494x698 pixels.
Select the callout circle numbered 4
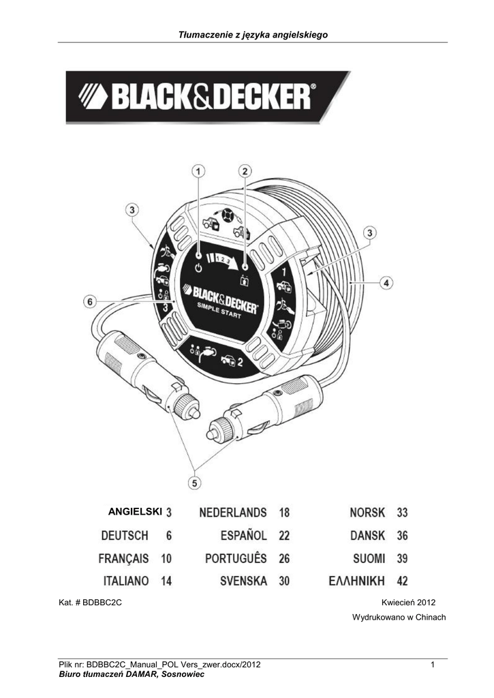[386, 281]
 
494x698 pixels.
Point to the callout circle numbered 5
[196, 483]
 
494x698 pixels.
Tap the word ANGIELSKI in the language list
[135, 511]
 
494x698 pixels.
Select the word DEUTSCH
[125, 536]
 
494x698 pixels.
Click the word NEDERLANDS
[233, 512]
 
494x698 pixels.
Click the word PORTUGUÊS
[236, 558]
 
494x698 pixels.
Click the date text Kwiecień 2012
[409, 603]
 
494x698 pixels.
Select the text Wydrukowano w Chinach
[399, 618]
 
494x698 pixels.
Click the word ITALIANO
[126, 581]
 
